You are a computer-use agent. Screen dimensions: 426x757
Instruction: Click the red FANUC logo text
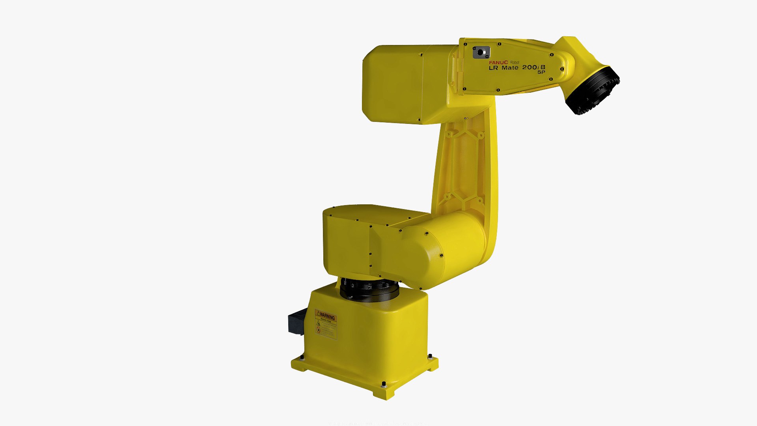(498, 62)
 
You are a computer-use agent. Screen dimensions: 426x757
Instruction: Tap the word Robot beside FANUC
(515, 62)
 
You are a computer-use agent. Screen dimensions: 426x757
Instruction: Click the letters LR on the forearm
(493, 68)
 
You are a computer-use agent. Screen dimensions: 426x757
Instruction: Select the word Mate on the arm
(510, 68)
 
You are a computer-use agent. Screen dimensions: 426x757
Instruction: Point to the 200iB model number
(533, 67)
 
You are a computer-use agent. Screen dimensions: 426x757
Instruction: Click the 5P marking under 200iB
(541, 72)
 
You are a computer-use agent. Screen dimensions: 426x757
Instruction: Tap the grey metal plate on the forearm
(481, 52)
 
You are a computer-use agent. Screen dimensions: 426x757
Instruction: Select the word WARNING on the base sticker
(327, 316)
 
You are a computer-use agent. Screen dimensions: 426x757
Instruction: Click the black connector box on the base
(297, 321)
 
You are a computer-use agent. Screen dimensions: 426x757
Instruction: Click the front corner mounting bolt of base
(384, 384)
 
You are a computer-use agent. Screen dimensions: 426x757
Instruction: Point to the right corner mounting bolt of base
(430, 356)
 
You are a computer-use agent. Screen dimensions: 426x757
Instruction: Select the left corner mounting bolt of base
(302, 357)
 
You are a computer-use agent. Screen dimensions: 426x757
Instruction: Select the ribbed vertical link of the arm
(465, 166)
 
